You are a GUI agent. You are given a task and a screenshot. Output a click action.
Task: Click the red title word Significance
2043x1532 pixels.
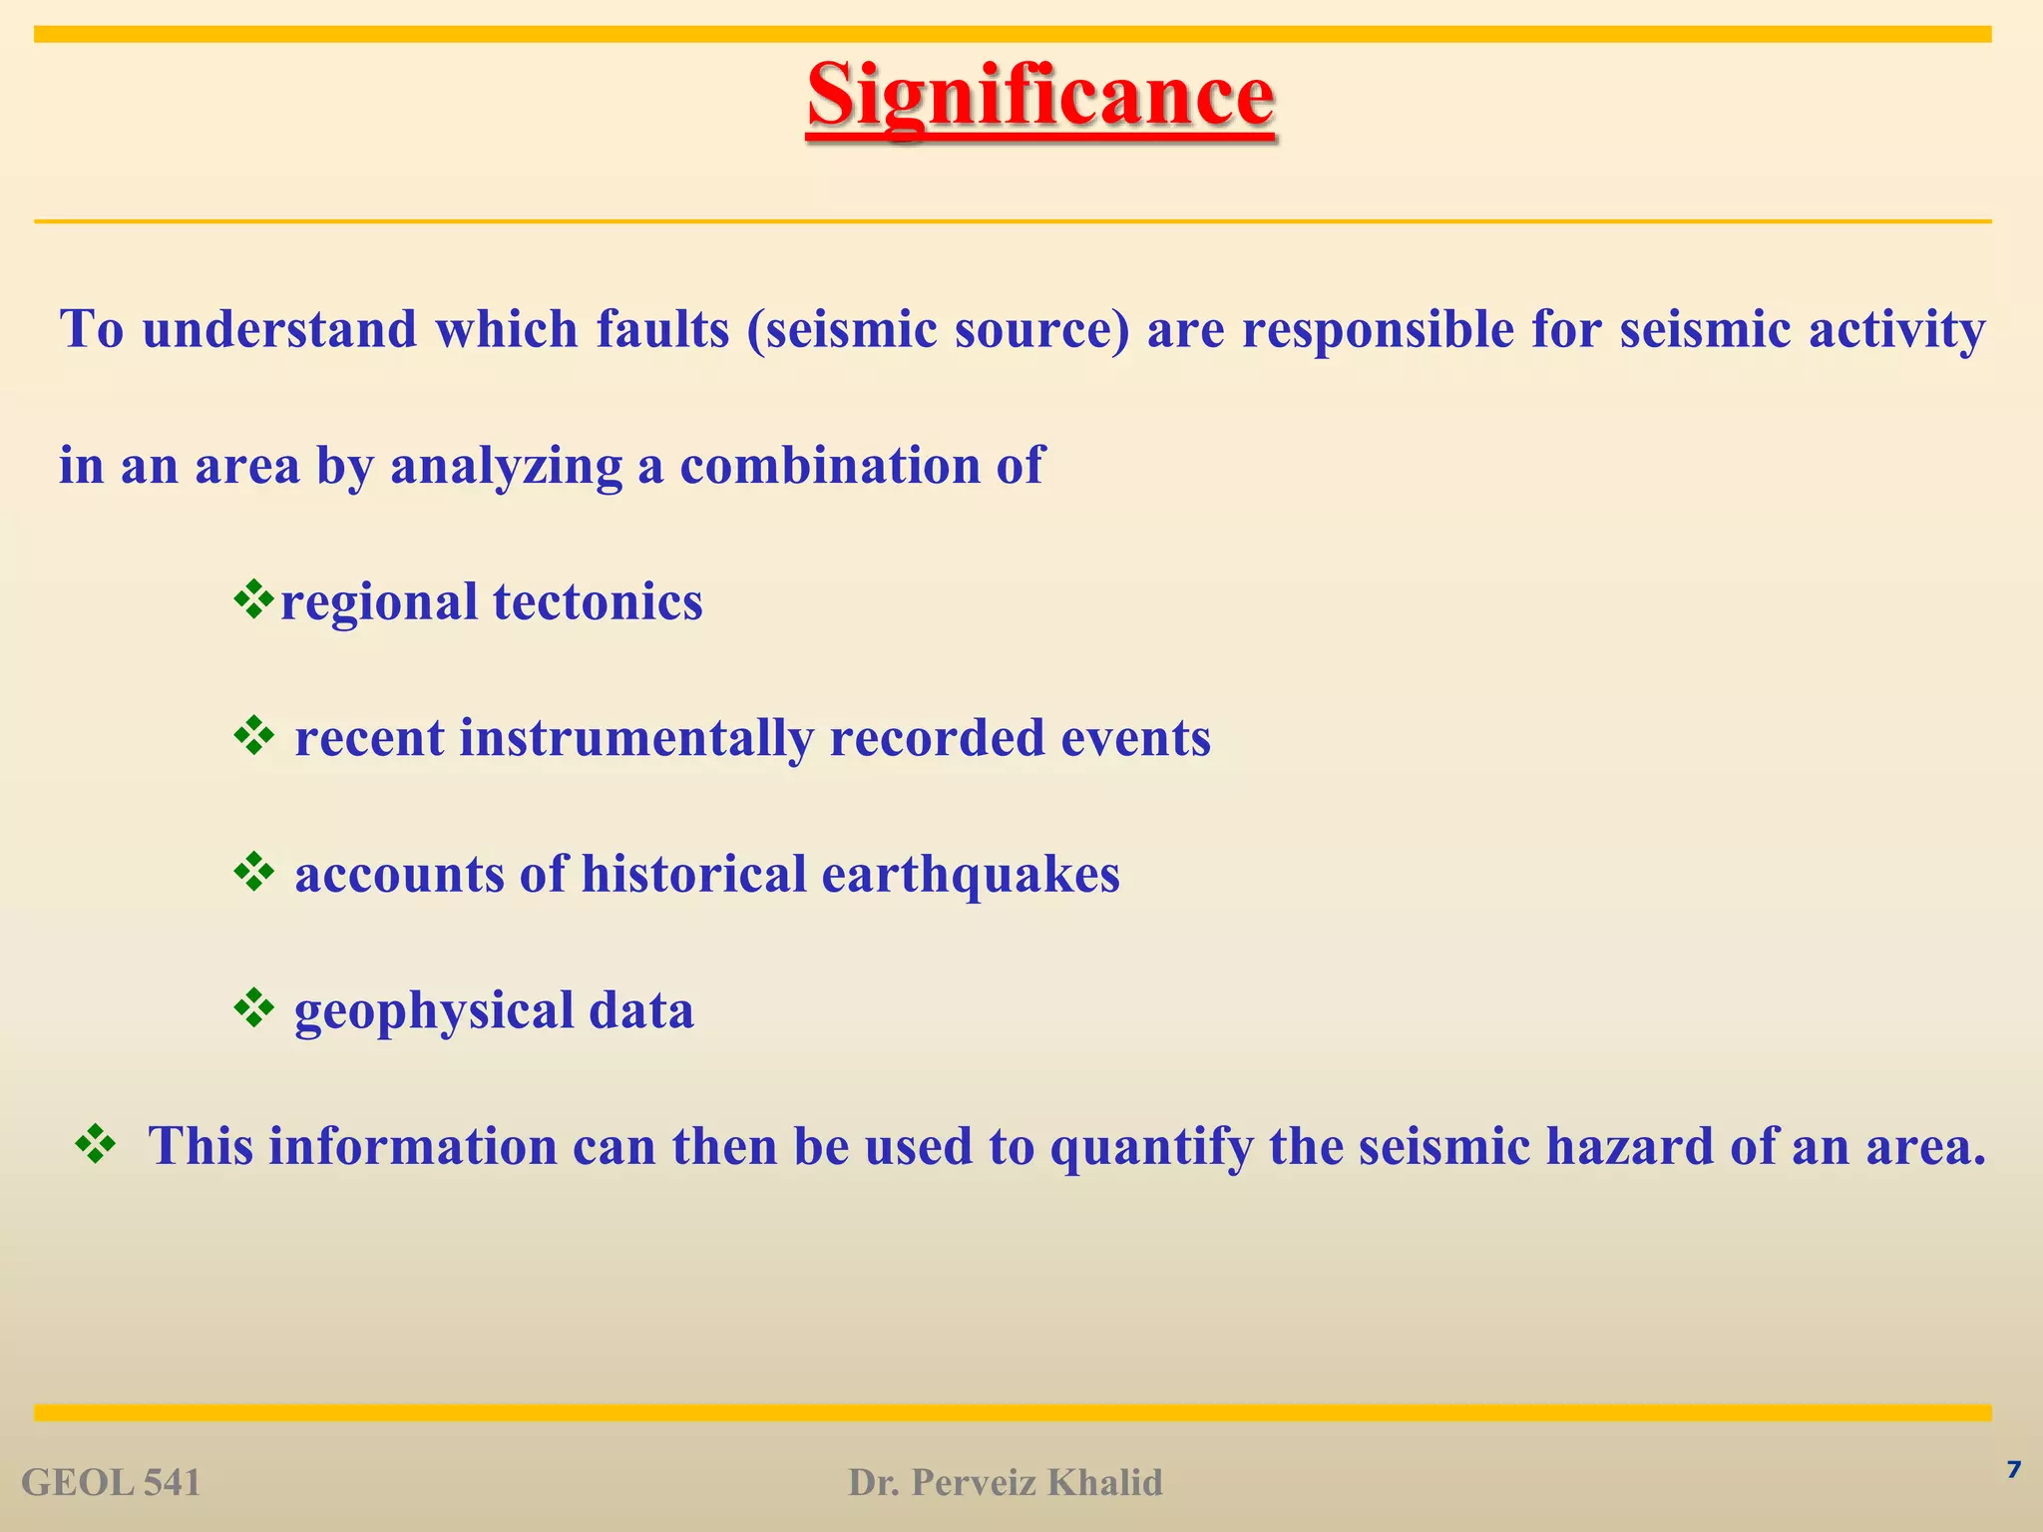click(1040, 97)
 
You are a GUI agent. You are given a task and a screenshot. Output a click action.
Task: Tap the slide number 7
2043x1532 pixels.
click(2013, 1469)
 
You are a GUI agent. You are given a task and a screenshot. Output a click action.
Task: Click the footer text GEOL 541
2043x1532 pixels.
click(111, 1483)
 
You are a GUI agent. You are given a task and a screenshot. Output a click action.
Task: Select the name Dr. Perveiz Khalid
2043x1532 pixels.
click(1006, 1483)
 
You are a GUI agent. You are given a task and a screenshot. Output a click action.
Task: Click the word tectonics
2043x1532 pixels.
click(598, 601)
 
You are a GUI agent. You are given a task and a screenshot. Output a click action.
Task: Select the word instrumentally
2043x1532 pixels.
click(635, 738)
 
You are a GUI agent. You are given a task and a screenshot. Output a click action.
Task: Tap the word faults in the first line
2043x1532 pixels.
click(663, 329)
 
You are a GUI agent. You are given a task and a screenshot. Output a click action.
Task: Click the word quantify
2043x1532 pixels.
click(1151, 1146)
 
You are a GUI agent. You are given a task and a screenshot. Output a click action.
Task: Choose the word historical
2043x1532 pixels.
click(693, 874)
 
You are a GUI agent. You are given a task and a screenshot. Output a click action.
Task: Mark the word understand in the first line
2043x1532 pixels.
click(279, 329)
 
